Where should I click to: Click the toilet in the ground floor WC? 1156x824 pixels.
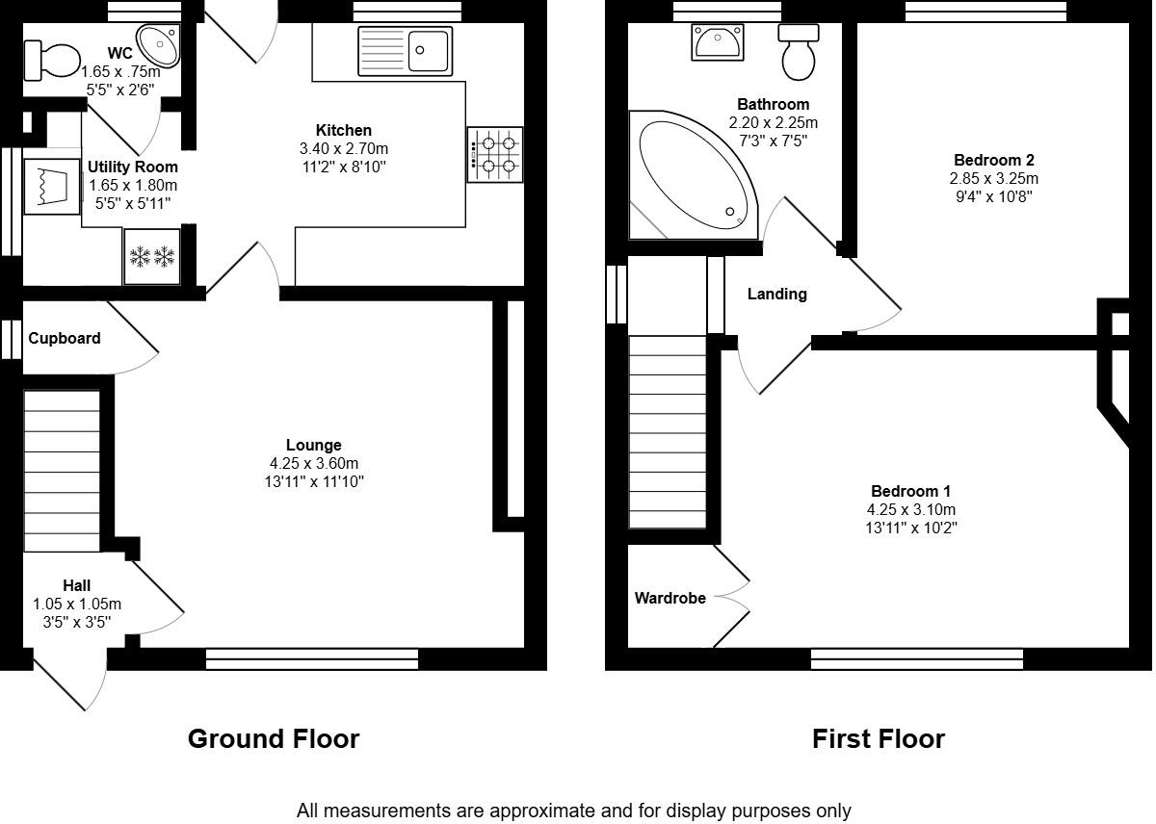pyautogui.click(x=53, y=60)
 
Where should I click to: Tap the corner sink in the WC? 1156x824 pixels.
pyautogui.click(x=158, y=43)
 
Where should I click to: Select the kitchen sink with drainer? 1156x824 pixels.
pyautogui.click(x=405, y=51)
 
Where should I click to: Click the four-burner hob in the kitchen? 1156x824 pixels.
pyautogui.click(x=495, y=154)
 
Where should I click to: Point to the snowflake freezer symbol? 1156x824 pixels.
pyautogui.click(x=151, y=257)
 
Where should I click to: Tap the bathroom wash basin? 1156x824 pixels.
pyautogui.click(x=716, y=41)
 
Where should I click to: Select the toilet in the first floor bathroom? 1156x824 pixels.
pyautogui.click(x=799, y=54)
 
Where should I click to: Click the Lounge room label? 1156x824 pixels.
pyautogui.click(x=313, y=445)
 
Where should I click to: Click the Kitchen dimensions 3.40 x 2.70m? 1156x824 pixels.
pyautogui.click(x=344, y=148)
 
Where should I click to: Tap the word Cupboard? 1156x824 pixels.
pyautogui.click(x=65, y=338)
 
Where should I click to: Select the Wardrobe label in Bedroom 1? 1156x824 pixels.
pyautogui.click(x=670, y=598)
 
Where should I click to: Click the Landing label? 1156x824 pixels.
pyautogui.click(x=776, y=294)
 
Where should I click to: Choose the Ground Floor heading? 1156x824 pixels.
pyautogui.click(x=273, y=738)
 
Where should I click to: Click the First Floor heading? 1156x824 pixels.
pyautogui.click(x=878, y=738)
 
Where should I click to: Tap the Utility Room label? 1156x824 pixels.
pyautogui.click(x=133, y=167)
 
